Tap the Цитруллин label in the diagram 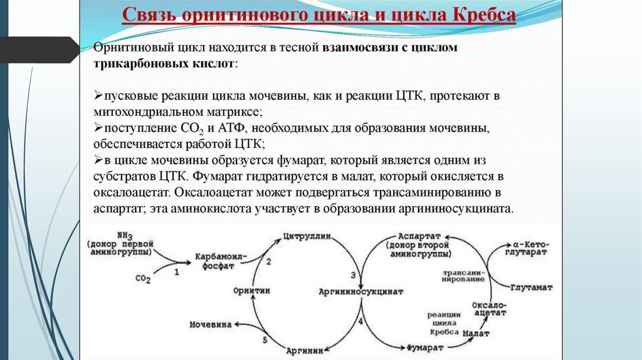pyautogui.click(x=308, y=238)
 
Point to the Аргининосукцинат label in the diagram pyautogui.click(x=361, y=292)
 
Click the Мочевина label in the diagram pyautogui.click(x=211, y=324)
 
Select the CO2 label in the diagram pyautogui.click(x=143, y=278)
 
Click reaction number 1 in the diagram pyautogui.click(x=177, y=272)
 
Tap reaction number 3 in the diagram pyautogui.click(x=353, y=275)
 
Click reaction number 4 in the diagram pyautogui.click(x=360, y=320)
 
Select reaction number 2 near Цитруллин pyautogui.click(x=269, y=262)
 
